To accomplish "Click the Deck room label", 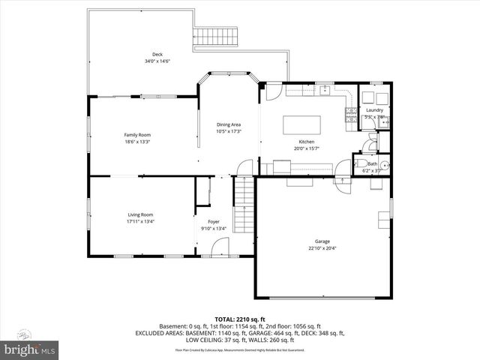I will tap(157, 54).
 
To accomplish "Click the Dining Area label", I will tap(229, 124).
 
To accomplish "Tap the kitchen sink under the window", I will tap(325, 91).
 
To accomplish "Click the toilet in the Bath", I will tap(360, 164).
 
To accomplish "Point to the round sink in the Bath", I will tap(385, 166).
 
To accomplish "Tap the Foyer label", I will tap(214, 223).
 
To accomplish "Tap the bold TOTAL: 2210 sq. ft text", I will tap(239, 319).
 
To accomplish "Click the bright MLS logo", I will tap(30, 349).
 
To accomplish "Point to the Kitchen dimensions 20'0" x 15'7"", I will tap(306, 148).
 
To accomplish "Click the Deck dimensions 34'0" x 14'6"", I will tap(157, 61).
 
